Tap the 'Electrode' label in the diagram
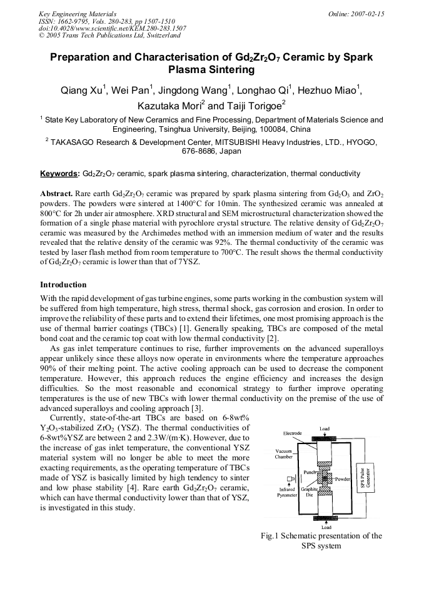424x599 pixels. [292, 433]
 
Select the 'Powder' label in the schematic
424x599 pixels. [343, 478]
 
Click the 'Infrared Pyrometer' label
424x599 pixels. [287, 492]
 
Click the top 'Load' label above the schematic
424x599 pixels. [325, 429]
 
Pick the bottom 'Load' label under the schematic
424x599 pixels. [326, 527]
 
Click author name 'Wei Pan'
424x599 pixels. [131, 91]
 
